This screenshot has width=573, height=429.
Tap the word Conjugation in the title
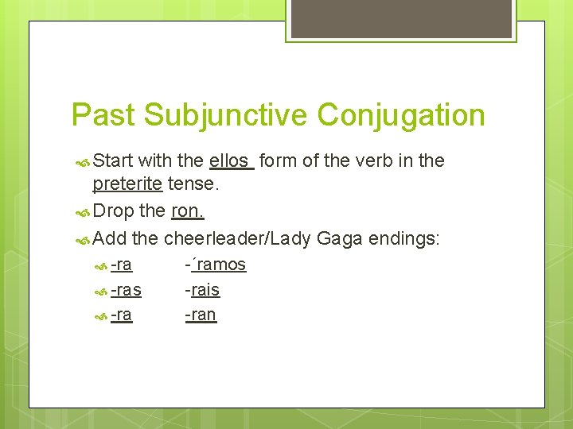click(x=401, y=115)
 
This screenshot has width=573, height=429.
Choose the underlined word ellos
click(x=230, y=160)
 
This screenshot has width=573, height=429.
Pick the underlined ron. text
click(x=189, y=211)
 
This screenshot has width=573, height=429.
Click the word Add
click(x=110, y=238)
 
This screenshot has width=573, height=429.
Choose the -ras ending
click(x=126, y=290)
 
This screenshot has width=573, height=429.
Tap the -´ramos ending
click(x=216, y=265)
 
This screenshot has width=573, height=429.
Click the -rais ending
click(x=202, y=290)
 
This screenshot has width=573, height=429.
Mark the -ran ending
click(x=201, y=315)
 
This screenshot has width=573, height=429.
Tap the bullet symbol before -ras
click(x=100, y=291)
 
